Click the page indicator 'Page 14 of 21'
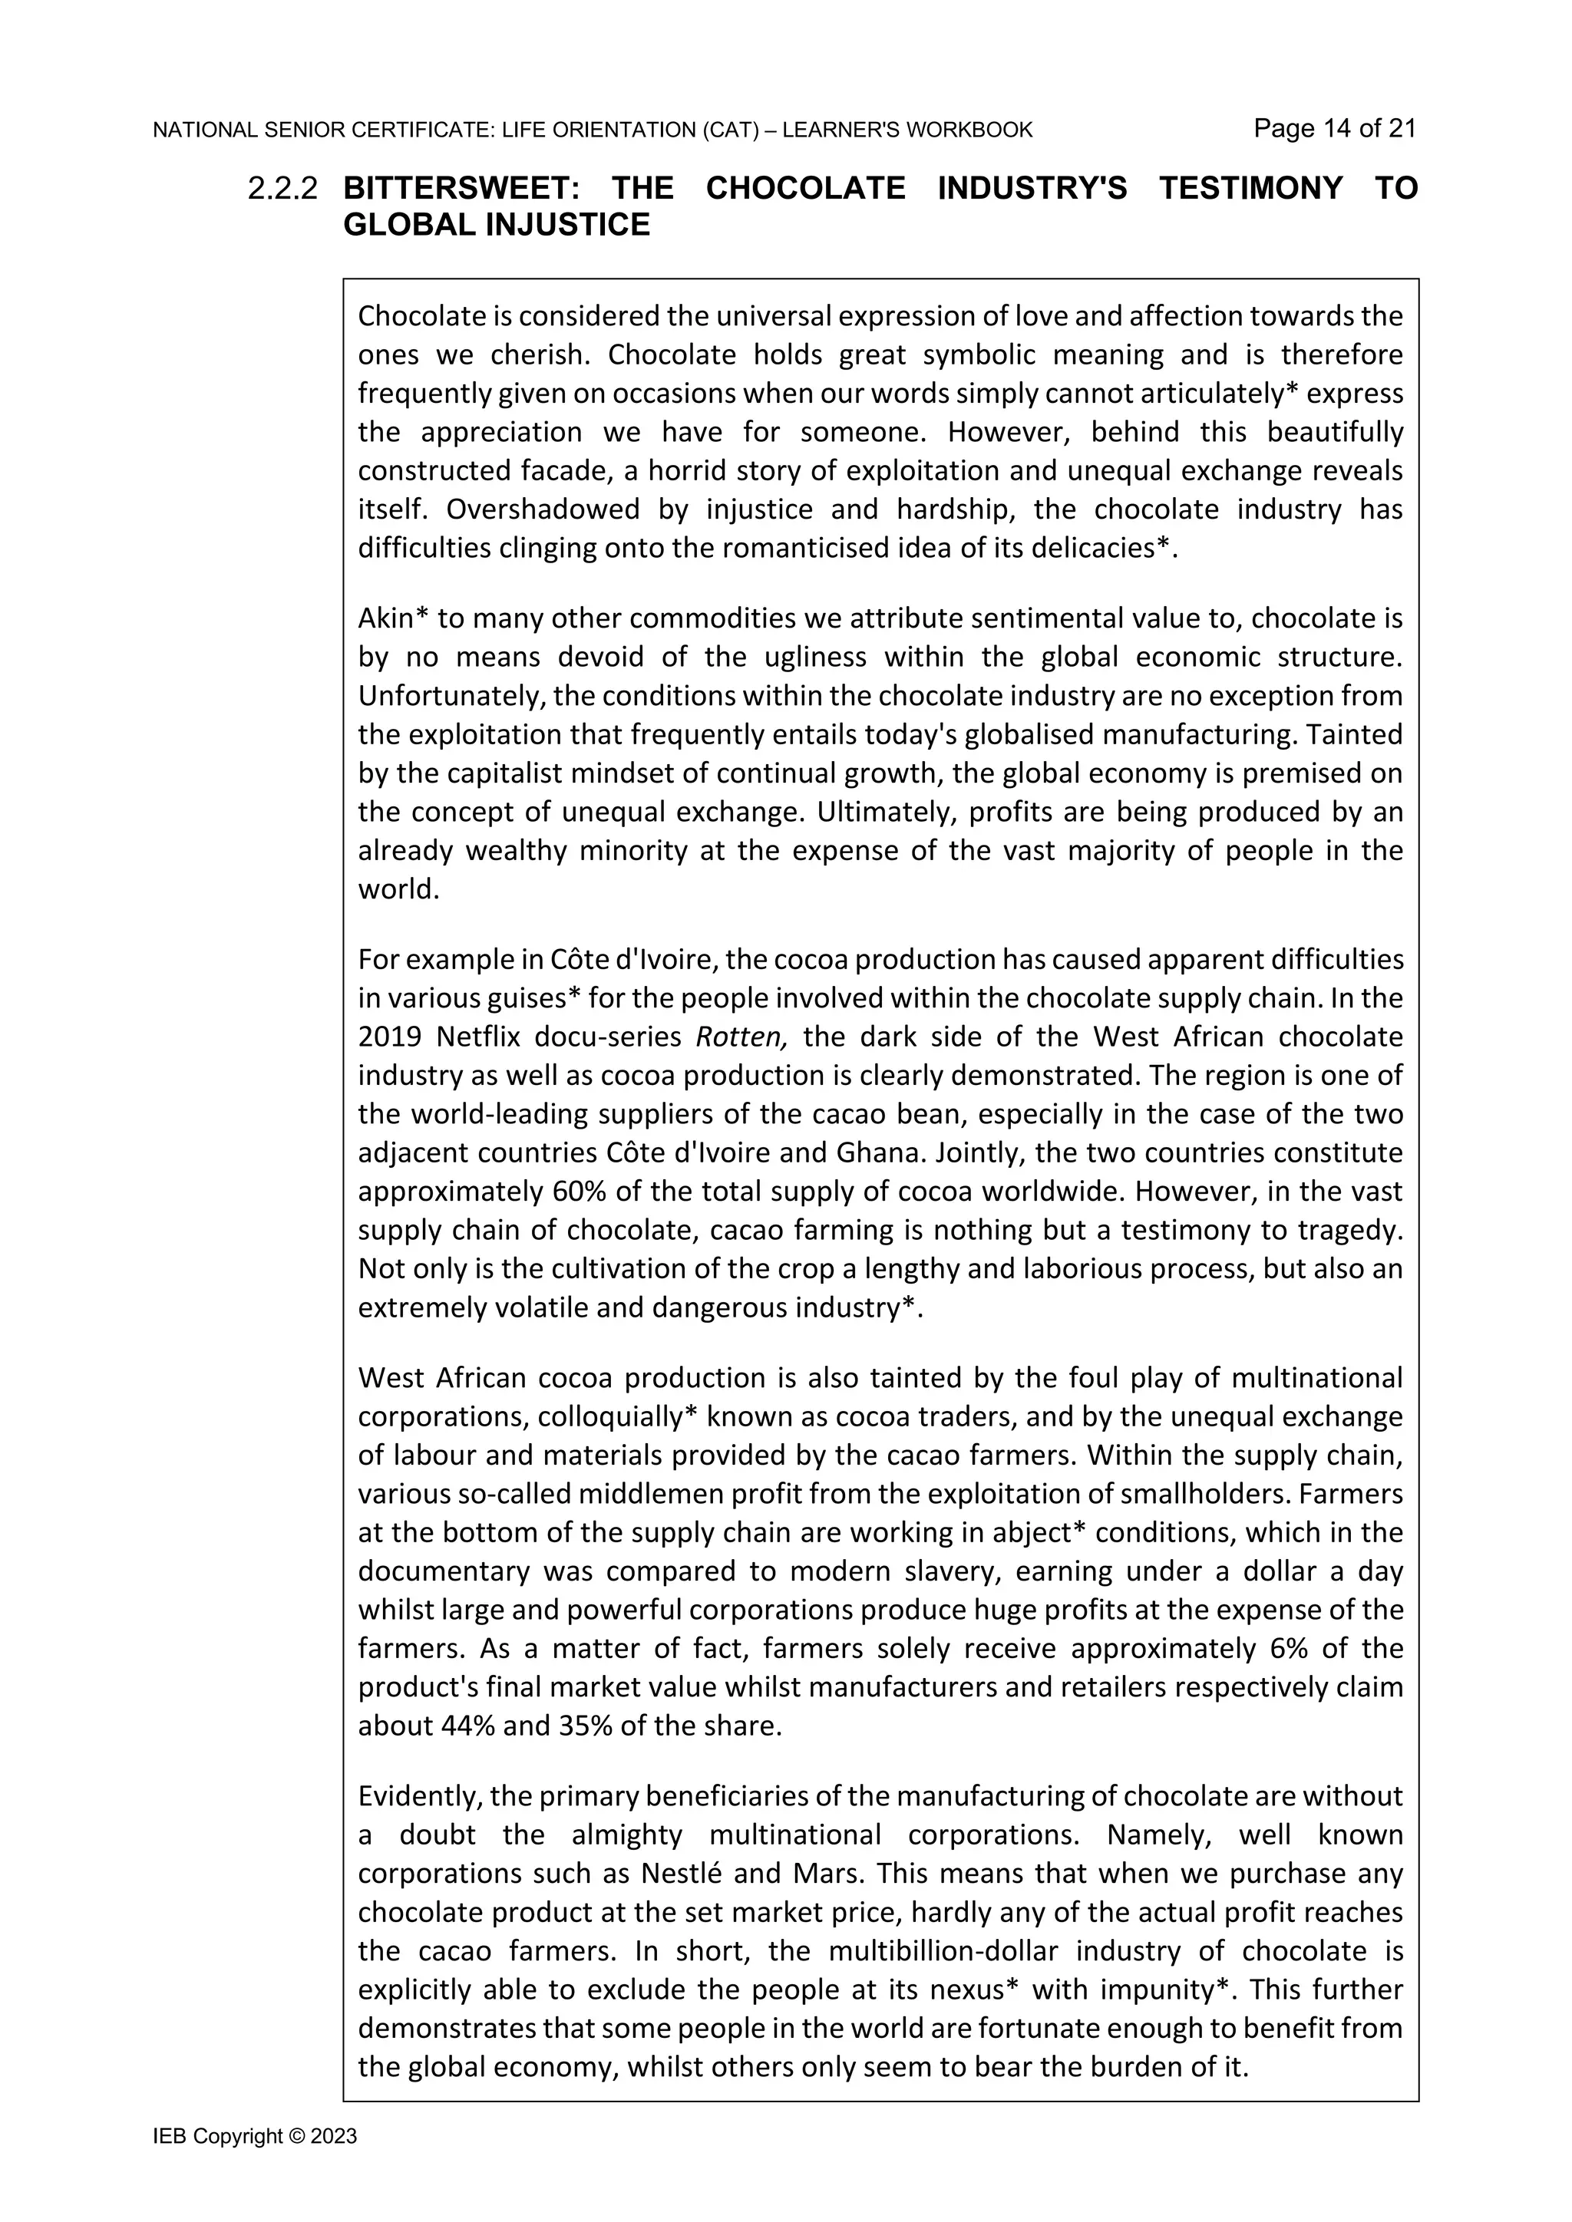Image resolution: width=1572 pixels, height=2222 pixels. click(x=1334, y=129)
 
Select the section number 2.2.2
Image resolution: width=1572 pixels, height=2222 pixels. click(x=282, y=189)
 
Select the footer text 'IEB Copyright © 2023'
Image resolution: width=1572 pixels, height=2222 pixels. click(x=255, y=2137)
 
